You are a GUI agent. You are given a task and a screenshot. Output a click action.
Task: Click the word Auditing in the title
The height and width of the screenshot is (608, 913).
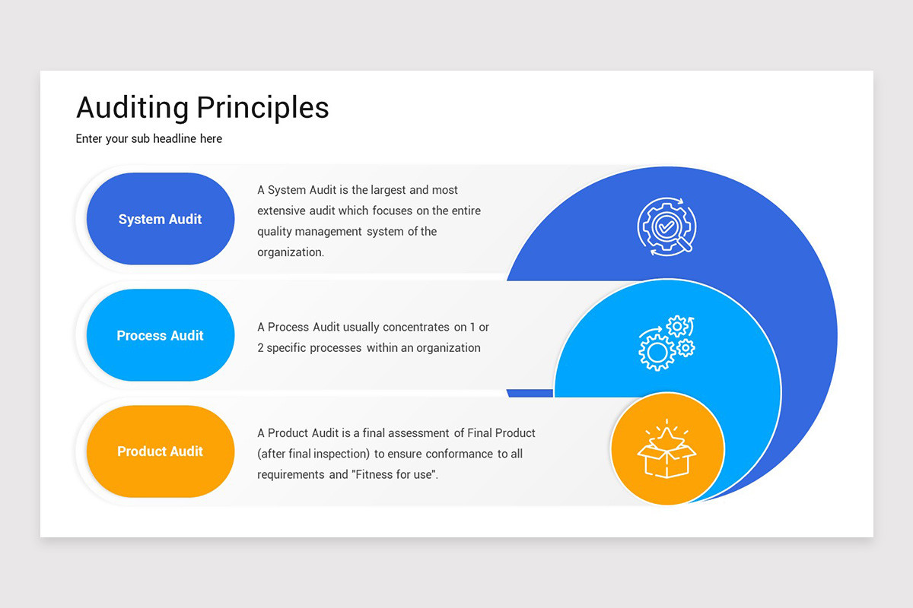(132, 108)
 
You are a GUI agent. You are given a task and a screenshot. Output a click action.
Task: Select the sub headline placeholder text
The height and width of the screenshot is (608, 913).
(149, 139)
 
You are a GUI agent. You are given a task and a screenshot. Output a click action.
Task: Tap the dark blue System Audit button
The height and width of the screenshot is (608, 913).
(160, 219)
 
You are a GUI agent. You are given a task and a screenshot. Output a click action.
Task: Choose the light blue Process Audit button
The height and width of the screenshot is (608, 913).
(160, 335)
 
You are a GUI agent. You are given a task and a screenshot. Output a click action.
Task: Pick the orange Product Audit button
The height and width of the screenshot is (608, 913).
(160, 451)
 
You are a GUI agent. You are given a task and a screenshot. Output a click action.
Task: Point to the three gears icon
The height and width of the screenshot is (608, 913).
(666, 344)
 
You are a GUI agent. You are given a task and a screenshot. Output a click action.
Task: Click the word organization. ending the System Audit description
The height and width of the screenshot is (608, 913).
(291, 252)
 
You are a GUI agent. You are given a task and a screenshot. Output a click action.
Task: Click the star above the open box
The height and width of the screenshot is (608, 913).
(666, 435)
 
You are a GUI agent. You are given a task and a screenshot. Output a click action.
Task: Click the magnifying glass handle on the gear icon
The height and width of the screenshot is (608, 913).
(687, 245)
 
